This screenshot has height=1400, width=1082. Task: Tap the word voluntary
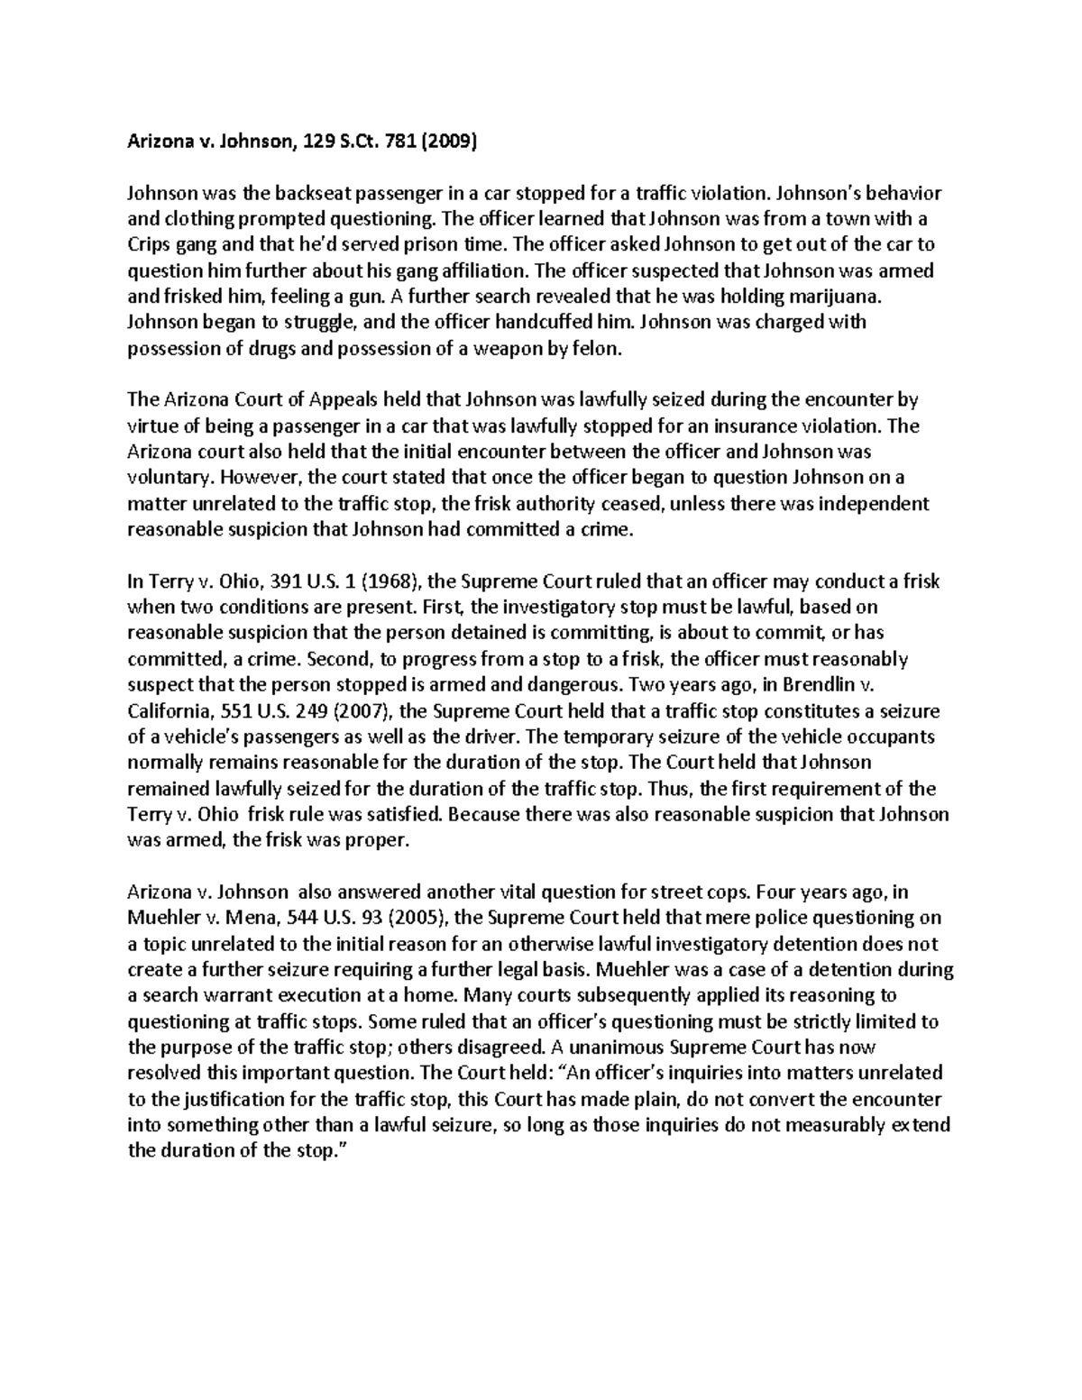pos(168,478)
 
